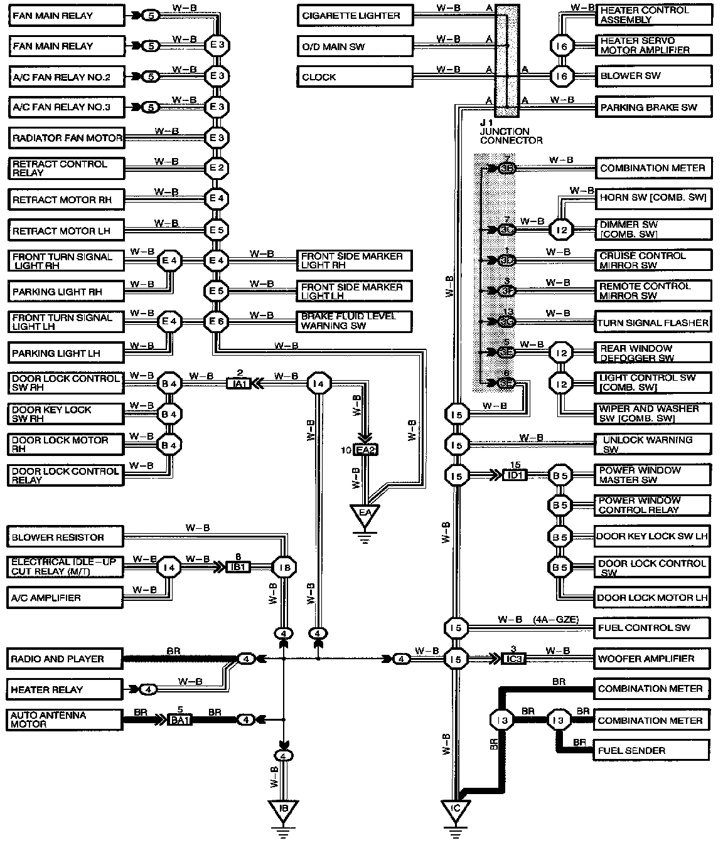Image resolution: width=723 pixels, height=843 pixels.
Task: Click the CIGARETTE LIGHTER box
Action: coord(355,16)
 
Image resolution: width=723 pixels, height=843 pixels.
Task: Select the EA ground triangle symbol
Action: coord(365,516)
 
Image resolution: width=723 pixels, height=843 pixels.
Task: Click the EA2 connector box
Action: coord(366,450)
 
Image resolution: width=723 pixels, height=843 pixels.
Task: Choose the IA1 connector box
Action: coord(238,383)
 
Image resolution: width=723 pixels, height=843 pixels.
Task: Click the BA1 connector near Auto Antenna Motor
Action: coord(179,719)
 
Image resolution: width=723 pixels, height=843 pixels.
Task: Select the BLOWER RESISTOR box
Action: coord(65,537)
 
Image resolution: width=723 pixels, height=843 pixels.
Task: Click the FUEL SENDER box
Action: coord(653,750)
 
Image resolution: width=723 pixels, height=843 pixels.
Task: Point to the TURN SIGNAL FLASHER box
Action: coord(653,322)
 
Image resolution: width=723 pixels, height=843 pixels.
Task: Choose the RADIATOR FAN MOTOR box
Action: coord(67,137)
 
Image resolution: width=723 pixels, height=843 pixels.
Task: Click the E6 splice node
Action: coord(217,322)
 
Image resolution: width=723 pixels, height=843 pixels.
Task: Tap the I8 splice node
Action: coord(284,568)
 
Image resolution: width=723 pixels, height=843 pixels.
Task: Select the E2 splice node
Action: coord(217,168)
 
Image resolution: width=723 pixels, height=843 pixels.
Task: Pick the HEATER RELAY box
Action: coord(65,689)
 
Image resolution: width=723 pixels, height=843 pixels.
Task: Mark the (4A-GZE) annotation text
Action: coord(555,620)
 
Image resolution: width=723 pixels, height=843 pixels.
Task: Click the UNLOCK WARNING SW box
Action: coord(653,444)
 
